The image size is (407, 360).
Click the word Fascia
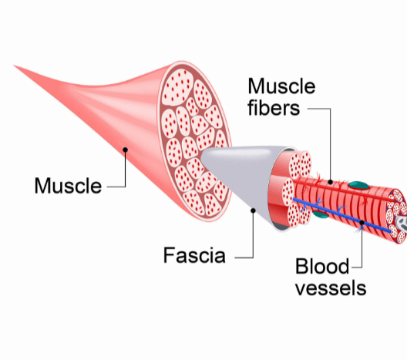194,255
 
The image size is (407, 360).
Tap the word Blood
322,266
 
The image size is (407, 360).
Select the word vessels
331,288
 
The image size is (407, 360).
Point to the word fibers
274,107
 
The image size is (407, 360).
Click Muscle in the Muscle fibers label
281,86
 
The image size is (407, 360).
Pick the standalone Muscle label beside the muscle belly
68,186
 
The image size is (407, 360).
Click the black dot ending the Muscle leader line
125,150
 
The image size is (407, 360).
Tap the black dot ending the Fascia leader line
253,210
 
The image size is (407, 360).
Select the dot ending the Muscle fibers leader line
330,182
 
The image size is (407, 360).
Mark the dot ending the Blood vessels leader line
362,223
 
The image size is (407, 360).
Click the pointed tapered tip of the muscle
15,66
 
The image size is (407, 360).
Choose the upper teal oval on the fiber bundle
358,185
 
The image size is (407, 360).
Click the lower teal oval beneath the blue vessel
320,214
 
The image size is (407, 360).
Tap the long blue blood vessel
341,214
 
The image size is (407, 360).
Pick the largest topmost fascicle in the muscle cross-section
177,87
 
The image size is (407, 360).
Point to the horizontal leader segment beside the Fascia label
244,257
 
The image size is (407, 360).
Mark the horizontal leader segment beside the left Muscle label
116,187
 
